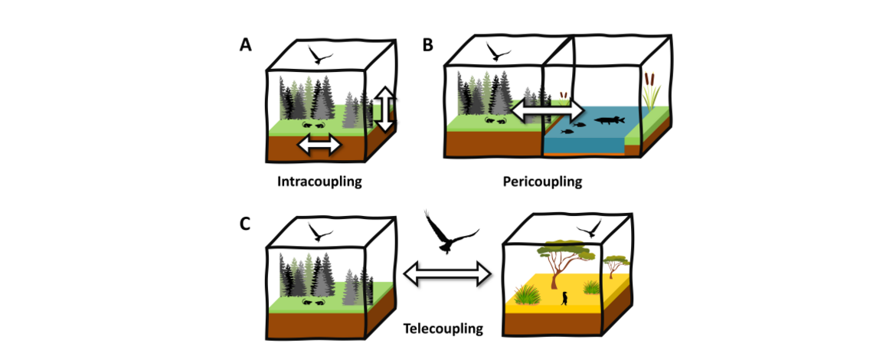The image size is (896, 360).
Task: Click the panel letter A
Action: (245, 45)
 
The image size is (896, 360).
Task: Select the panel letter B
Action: (428, 45)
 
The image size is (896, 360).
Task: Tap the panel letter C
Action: (245, 224)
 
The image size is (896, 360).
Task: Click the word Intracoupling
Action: (319, 182)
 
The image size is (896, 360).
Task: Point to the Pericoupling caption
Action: (542, 182)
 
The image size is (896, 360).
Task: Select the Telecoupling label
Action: (443, 329)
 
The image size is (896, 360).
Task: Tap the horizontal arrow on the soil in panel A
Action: (319, 144)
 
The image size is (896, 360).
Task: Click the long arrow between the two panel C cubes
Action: (446, 273)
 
